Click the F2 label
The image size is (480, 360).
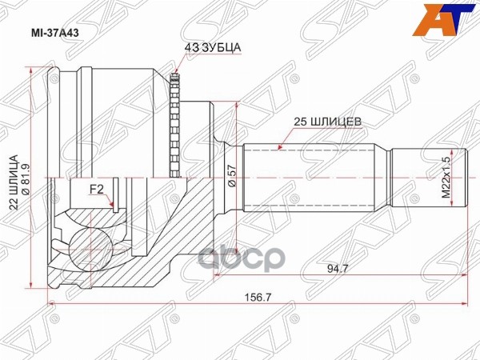coord(96,190)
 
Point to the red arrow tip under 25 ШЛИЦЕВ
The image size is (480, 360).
coord(281,147)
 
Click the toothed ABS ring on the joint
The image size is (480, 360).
coord(177,124)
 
